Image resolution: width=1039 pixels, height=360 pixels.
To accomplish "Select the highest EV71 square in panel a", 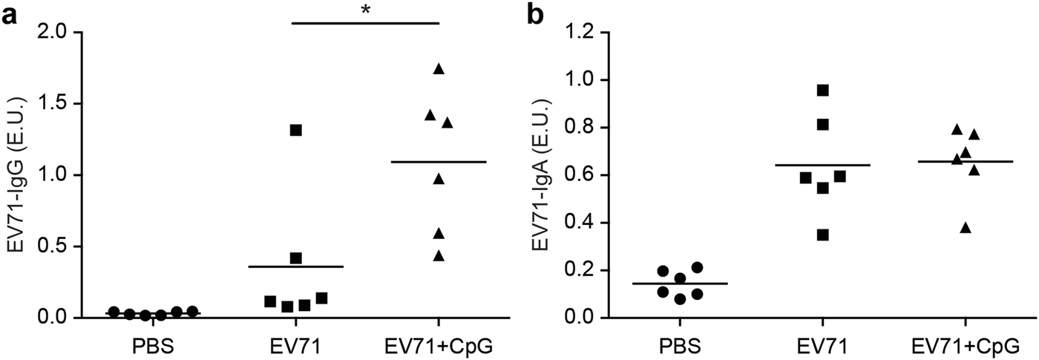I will [295, 130].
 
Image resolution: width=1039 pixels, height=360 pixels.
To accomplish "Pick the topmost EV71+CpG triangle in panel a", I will [439, 69].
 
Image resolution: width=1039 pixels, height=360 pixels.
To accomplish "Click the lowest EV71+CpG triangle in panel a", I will [439, 256].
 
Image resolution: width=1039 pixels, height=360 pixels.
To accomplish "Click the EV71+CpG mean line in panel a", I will [439, 161].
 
